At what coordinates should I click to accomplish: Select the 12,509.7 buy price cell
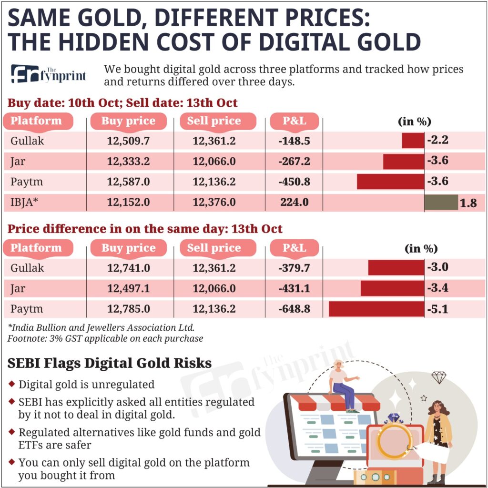pyautogui.click(x=128, y=141)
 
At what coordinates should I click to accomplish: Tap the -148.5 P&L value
pyautogui.click(x=294, y=141)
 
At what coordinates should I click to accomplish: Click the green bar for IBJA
pyautogui.click(x=441, y=202)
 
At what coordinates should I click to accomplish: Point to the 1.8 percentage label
pyautogui.click(x=469, y=203)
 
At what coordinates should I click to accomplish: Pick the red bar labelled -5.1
pyautogui.click(x=376, y=309)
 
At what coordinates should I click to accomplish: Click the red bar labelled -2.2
pyautogui.click(x=413, y=141)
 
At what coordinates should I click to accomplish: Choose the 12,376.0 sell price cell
pyautogui.click(x=214, y=202)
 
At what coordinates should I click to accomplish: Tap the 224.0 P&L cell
pyautogui.click(x=294, y=202)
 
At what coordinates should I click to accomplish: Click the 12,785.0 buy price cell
pyautogui.click(x=128, y=309)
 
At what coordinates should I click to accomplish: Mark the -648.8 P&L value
pyautogui.click(x=294, y=309)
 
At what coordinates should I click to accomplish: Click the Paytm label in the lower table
pyautogui.click(x=27, y=309)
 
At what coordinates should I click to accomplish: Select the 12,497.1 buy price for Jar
pyautogui.click(x=128, y=288)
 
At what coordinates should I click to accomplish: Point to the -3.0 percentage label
pyautogui.click(x=437, y=267)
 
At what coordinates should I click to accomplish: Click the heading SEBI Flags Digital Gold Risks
pyautogui.click(x=110, y=364)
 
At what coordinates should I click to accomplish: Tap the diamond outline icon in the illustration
pyautogui.click(x=438, y=378)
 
